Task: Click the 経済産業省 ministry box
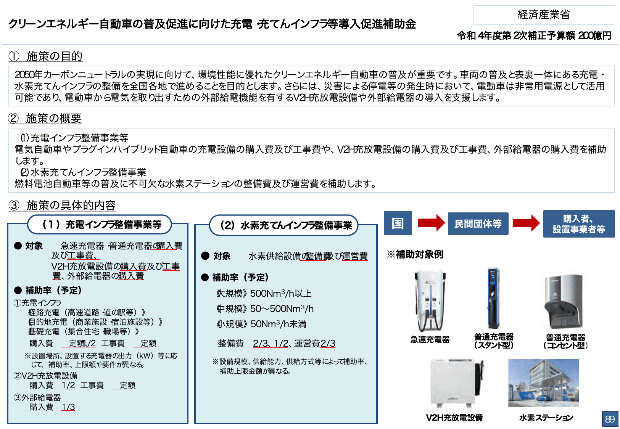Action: [x=544, y=15]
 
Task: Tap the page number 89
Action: [x=610, y=419]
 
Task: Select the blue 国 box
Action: [x=398, y=223]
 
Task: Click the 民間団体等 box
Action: [x=478, y=223]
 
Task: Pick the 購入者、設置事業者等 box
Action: [x=578, y=224]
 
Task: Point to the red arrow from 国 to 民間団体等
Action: [x=431, y=223]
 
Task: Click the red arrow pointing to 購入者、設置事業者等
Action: [x=526, y=223]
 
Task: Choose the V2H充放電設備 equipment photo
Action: [x=455, y=383]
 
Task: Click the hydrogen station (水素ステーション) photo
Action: [x=543, y=383]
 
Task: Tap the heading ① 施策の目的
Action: [x=45, y=56]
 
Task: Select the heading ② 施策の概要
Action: [x=45, y=119]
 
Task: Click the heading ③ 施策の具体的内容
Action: [x=62, y=206]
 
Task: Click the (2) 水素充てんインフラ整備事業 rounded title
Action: [x=284, y=225]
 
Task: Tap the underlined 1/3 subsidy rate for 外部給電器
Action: [x=68, y=407]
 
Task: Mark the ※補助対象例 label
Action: [x=415, y=254]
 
